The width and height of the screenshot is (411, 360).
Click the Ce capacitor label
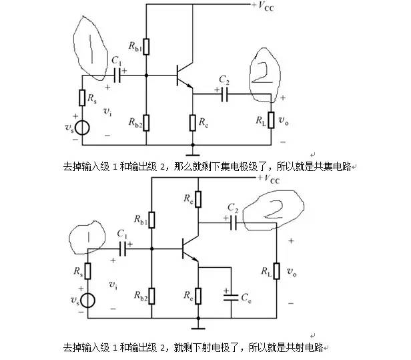[x=245, y=295]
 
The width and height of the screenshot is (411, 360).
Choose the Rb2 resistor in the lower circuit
[x=152, y=295]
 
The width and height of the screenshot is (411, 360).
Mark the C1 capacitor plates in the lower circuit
[x=124, y=248]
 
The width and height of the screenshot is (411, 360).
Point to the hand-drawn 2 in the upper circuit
[x=262, y=71]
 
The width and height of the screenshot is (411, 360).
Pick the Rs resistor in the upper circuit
[x=83, y=99]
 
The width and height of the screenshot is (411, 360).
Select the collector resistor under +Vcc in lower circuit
[x=197, y=199]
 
